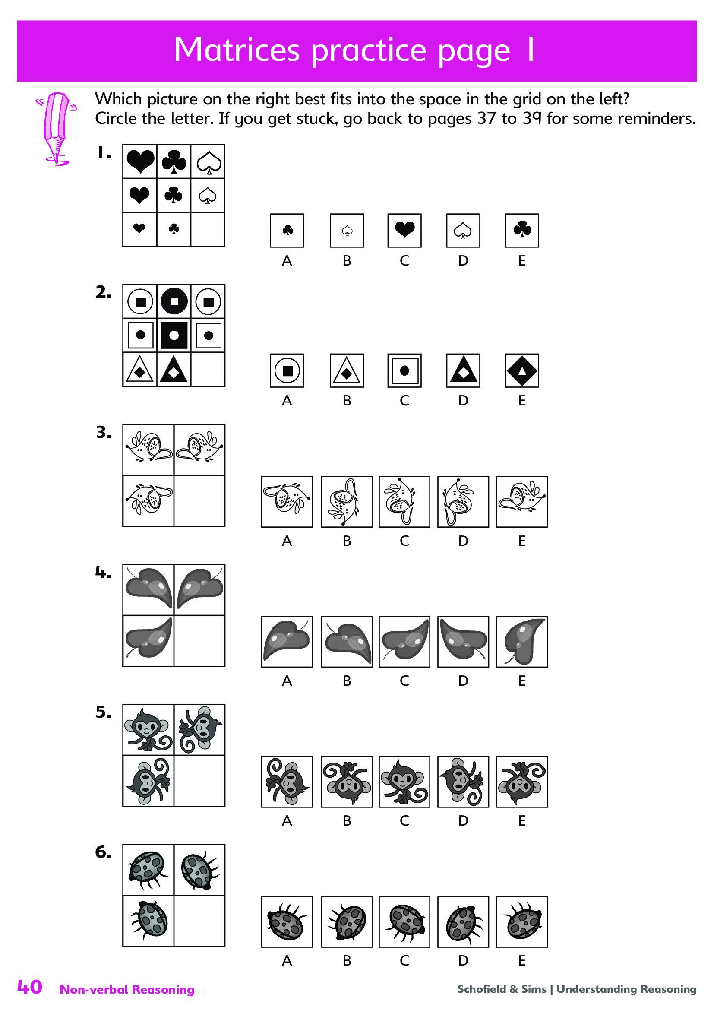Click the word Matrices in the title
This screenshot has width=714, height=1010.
tap(237, 49)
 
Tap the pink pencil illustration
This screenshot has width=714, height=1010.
tap(56, 128)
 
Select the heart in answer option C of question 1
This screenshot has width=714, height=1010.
tap(404, 229)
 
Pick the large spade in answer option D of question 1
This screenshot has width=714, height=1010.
tap(463, 231)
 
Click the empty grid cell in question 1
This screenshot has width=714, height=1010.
tap(208, 230)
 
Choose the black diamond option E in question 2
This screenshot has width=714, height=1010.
tap(522, 370)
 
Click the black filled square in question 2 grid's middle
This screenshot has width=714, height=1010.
tap(174, 335)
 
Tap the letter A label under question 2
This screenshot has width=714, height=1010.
tap(287, 401)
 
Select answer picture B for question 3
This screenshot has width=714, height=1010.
tap(347, 501)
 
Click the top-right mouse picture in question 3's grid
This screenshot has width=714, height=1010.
tap(199, 449)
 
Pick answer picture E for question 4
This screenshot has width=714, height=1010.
tap(522, 641)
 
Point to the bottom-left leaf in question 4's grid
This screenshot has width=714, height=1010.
tap(148, 638)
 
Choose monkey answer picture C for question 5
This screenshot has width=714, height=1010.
tap(404, 782)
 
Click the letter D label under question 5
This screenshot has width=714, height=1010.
tap(463, 821)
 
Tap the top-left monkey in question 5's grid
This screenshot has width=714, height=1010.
tap(148, 729)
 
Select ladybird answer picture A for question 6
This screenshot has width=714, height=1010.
tap(287, 921)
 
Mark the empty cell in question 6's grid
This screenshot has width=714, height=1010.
tap(199, 920)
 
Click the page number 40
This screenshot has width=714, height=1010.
tap(29, 987)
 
